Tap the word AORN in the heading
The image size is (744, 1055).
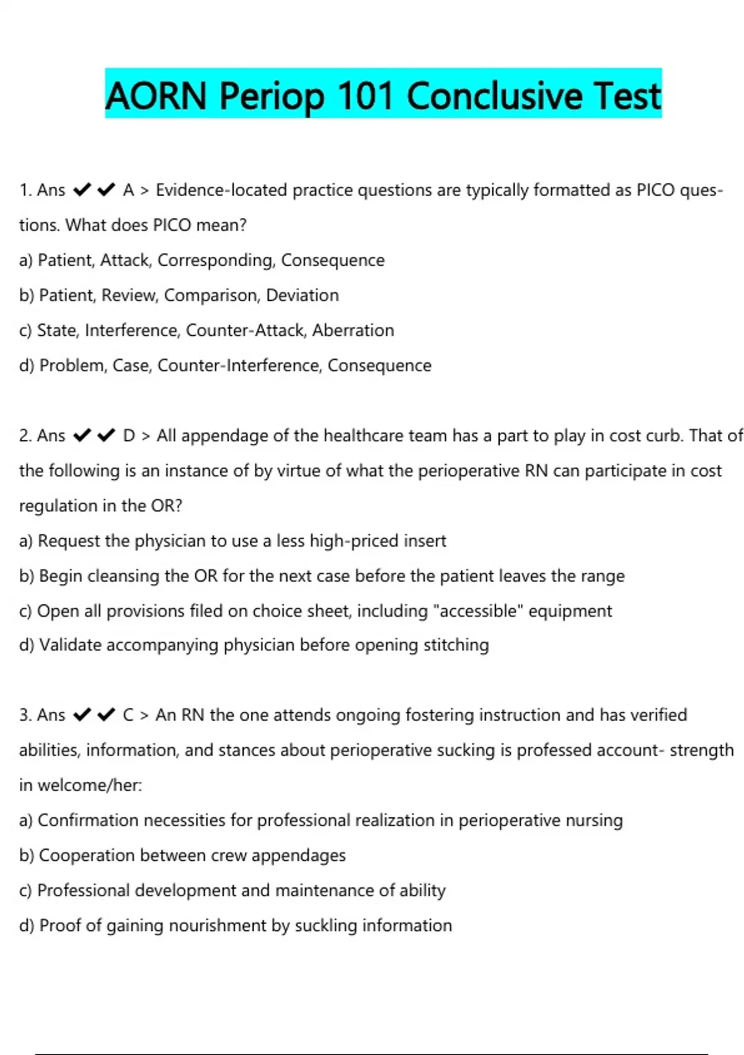pyautogui.click(x=156, y=96)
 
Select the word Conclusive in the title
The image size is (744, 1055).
pyautogui.click(x=494, y=96)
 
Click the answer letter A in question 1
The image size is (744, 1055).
pyautogui.click(x=128, y=190)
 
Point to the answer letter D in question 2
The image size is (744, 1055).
pyautogui.click(x=129, y=436)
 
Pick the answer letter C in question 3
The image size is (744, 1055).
pyautogui.click(x=128, y=715)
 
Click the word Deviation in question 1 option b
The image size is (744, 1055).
pyautogui.click(x=303, y=295)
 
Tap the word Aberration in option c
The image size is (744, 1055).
pyautogui.click(x=353, y=330)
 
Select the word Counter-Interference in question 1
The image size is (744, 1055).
pyautogui.click(x=239, y=366)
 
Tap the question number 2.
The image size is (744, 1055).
pyautogui.click(x=25, y=436)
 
